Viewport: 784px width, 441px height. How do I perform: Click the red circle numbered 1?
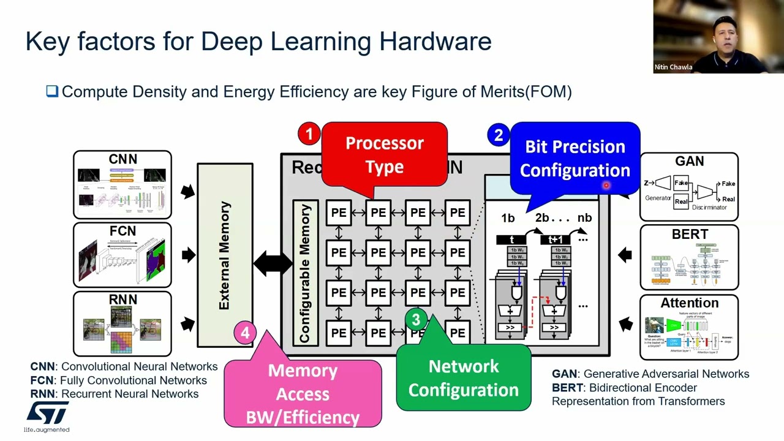(309, 134)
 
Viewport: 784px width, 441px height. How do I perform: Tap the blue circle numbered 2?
(498, 135)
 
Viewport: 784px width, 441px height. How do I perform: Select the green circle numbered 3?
(416, 320)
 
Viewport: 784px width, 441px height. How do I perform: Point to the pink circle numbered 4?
(245, 333)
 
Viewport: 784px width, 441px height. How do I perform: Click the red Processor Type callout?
(384, 154)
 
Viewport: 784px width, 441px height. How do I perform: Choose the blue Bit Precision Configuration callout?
(575, 158)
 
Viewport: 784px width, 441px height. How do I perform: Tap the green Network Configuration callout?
(464, 378)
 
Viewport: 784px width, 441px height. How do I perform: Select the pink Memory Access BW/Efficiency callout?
(303, 393)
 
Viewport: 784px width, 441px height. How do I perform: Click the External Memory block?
(225, 255)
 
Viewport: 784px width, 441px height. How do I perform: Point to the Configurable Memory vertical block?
(305, 273)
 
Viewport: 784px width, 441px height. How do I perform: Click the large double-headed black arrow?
(273, 264)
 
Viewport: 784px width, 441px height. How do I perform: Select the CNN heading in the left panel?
(123, 159)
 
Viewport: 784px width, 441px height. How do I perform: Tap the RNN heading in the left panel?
(123, 300)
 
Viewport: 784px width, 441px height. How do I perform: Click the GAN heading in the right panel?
(689, 162)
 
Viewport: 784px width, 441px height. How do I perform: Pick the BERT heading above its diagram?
(689, 235)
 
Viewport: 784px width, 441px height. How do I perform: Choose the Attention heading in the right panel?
(689, 303)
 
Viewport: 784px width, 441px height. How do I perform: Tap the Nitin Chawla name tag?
(673, 67)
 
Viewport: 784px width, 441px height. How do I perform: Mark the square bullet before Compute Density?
(52, 92)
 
